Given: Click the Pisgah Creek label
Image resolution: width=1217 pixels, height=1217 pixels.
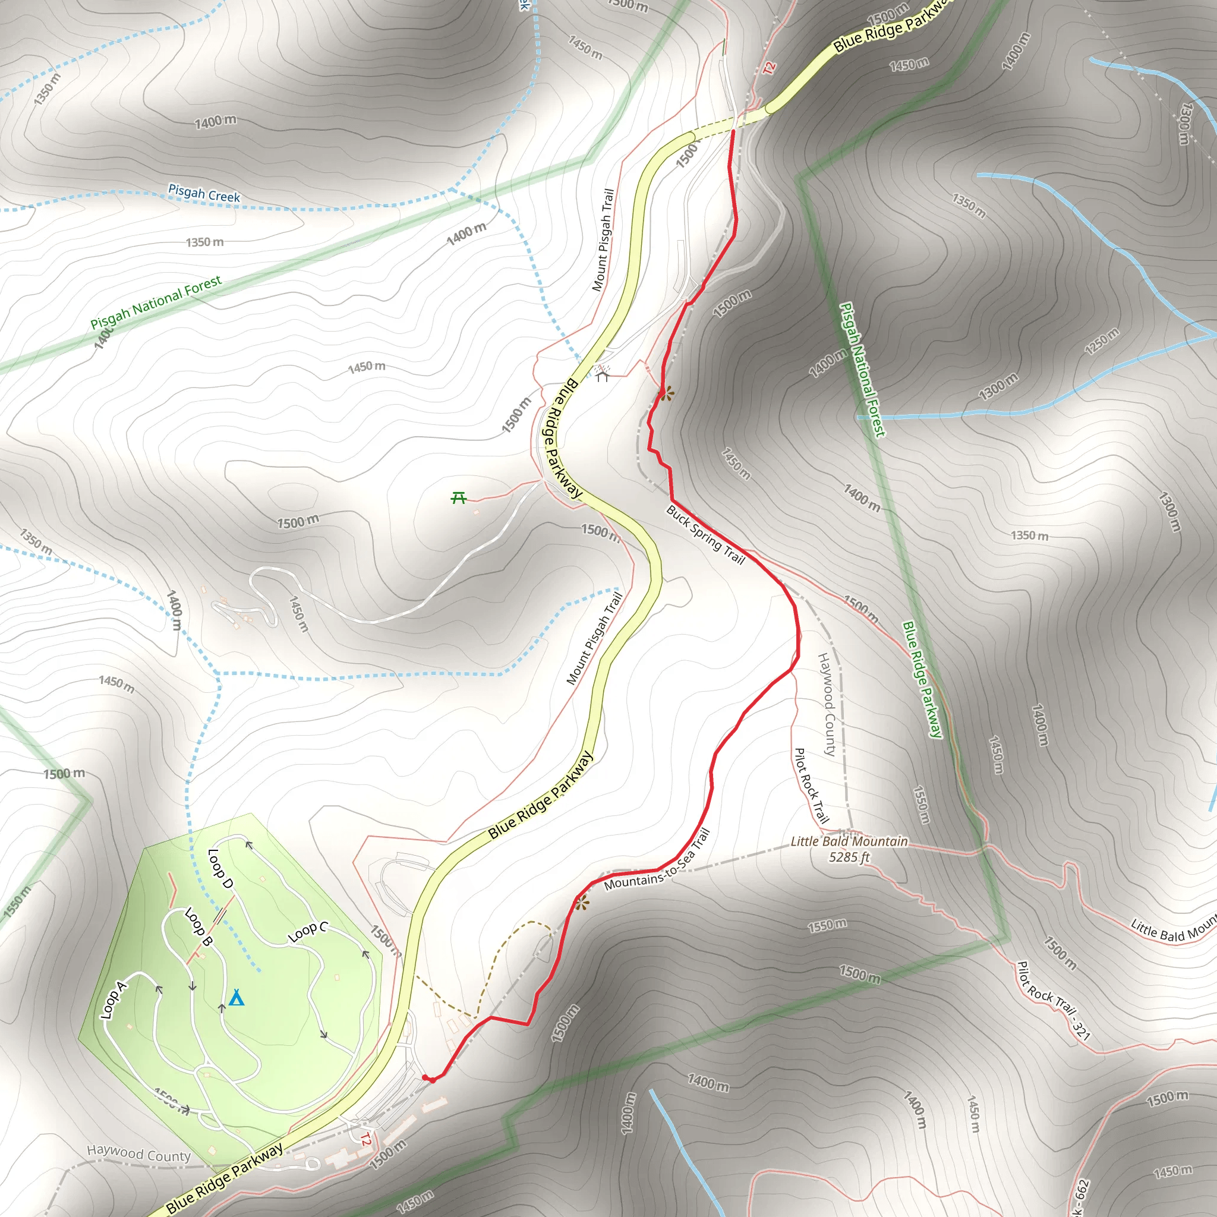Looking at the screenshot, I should coord(204,193).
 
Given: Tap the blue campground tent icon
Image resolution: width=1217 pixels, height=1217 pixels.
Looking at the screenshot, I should coord(237,998).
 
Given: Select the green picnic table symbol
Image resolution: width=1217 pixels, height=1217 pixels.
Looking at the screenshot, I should coord(459,498).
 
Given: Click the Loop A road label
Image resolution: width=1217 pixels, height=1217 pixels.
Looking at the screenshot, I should coord(114,1000).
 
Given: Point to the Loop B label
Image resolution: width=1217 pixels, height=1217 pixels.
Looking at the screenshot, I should coord(198,926).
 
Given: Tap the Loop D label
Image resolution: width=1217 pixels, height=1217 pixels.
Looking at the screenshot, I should coord(220,869).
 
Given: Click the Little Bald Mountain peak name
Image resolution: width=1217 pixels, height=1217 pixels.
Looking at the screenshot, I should coord(849,841).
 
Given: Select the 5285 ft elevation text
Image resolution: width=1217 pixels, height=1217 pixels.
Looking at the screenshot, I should coord(849,857).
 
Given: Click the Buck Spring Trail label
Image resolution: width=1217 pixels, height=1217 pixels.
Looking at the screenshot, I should coord(705,535).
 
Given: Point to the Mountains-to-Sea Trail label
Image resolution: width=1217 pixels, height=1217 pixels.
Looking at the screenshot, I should coord(657,860).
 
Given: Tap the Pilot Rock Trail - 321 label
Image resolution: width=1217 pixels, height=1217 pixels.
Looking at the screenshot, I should coord(1053,1000).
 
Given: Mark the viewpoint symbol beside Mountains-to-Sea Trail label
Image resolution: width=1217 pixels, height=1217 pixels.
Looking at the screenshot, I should coord(581,903).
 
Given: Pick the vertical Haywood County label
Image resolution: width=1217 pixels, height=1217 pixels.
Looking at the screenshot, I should coord(827,704).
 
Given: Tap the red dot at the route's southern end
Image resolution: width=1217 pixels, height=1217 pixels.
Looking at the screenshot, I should coord(428,1078).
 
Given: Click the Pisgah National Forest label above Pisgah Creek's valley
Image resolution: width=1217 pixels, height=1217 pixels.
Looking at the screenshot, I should coord(156,302).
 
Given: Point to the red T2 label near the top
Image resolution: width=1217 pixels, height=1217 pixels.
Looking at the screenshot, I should coord(769,68).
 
